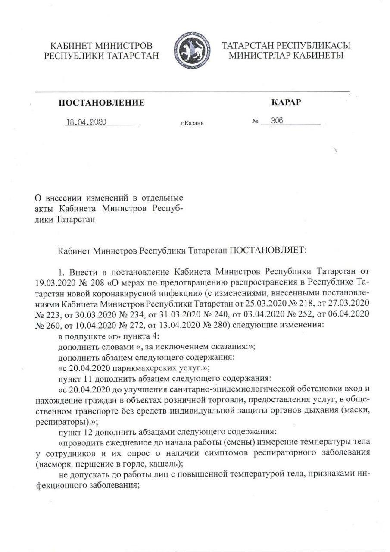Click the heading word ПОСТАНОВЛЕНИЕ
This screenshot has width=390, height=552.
(x=101, y=103)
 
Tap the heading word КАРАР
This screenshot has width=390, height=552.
(x=286, y=102)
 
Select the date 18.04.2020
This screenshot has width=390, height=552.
(x=86, y=122)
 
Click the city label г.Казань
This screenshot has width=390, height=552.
(x=192, y=123)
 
